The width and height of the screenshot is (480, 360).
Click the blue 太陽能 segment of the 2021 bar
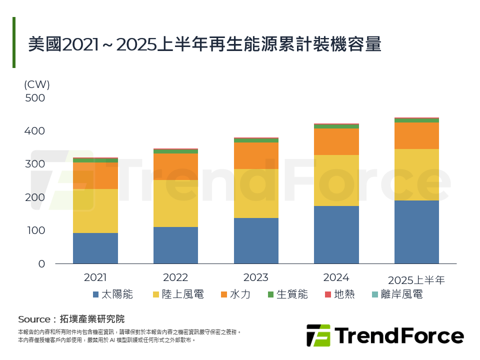point(95,248)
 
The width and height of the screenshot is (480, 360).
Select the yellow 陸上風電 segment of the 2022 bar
point(175,203)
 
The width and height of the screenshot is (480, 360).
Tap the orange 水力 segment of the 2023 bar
point(256,155)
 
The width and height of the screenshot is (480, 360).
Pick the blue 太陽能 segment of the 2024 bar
point(336,234)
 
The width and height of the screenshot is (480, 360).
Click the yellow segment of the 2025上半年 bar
point(416,174)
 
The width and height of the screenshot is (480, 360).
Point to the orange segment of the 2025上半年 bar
point(416,135)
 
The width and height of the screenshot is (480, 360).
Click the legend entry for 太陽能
point(113,294)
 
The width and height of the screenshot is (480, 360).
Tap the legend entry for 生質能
point(287,294)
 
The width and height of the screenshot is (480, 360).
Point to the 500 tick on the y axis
point(35,98)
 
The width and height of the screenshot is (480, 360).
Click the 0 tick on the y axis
point(41,263)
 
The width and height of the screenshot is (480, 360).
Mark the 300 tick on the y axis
point(35,164)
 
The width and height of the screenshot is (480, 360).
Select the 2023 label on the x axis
point(256,277)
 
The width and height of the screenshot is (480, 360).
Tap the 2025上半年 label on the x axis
point(416,280)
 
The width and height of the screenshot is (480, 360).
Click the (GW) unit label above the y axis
point(36,84)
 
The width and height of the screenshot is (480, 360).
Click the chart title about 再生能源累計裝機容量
point(204,44)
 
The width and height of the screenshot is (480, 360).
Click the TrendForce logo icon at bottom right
point(318,335)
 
